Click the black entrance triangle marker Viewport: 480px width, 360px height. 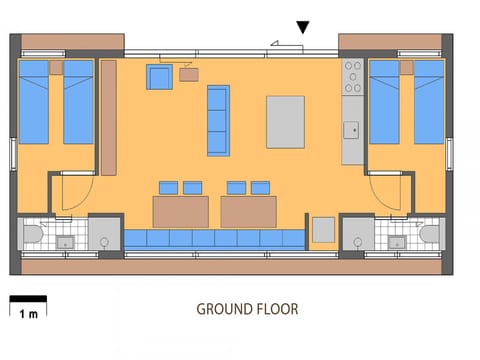(x=303, y=28)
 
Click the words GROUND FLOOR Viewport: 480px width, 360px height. (x=247, y=309)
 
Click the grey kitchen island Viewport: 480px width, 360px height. (x=285, y=121)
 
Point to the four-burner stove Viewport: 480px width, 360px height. (x=352, y=76)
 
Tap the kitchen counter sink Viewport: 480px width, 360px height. (x=351, y=129)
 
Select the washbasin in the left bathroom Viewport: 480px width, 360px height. (x=67, y=240)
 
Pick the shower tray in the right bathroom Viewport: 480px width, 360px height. (x=357, y=234)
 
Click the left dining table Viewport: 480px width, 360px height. (x=180, y=211)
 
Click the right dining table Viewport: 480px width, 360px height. (x=248, y=211)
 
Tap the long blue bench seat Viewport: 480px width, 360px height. (x=214, y=238)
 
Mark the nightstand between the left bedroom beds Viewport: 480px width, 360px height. (x=56, y=68)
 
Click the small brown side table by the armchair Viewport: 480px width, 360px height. (x=189, y=74)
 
